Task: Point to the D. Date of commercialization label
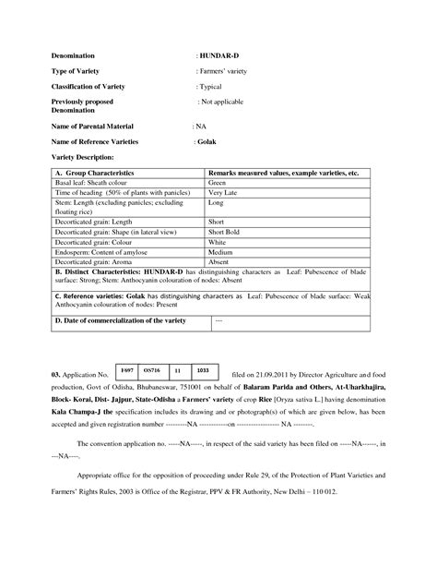pos(121,320)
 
